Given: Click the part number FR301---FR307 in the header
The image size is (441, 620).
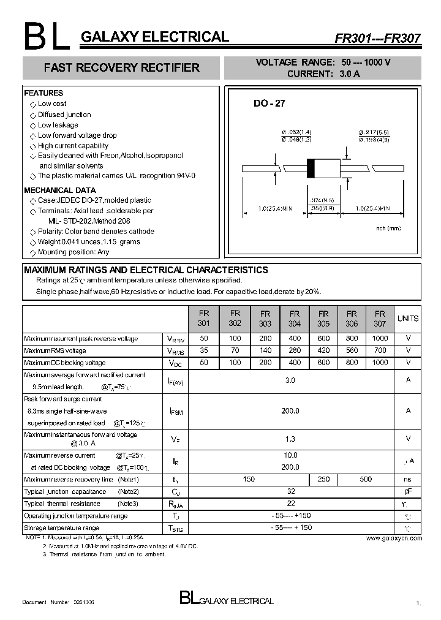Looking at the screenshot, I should click(377, 38).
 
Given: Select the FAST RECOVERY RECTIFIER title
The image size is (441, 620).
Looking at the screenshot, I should click(121, 67).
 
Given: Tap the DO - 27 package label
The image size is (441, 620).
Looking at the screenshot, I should click(269, 104).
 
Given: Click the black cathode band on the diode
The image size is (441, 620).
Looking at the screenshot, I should click(311, 167).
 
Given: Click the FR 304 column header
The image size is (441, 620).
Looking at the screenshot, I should click(294, 318).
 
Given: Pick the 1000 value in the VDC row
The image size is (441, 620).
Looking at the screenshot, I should click(380, 363).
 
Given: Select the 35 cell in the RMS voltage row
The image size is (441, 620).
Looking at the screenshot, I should click(204, 350).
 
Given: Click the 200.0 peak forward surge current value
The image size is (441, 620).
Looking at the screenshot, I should click(290, 410).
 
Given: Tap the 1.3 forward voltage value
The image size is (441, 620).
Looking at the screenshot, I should click(290, 439).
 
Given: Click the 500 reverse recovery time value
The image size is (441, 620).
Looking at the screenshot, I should click(366, 479).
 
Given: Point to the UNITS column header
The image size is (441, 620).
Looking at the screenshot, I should click(408, 318).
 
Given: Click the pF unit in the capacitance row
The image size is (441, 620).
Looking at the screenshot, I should click(408, 491).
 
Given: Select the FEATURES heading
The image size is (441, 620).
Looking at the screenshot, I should click(43, 93).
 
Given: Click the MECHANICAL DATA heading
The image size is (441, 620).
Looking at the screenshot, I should click(59, 190).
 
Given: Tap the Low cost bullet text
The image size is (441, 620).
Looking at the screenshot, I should click(52, 104).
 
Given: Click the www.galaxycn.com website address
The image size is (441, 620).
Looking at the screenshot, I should click(394, 538).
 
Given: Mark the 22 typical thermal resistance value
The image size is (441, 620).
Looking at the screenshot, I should click(290, 504).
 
